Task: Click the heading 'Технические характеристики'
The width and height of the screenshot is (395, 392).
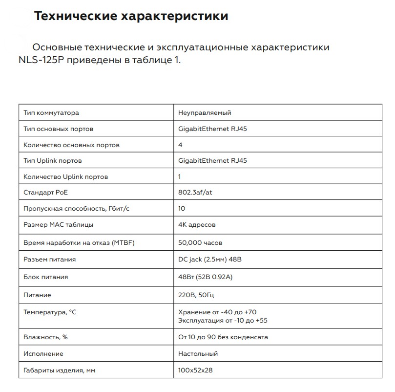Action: coord(131,16)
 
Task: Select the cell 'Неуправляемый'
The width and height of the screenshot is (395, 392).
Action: coord(205,113)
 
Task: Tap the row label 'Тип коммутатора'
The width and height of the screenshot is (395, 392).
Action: coord(51,113)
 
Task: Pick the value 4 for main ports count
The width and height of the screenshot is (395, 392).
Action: coord(181,145)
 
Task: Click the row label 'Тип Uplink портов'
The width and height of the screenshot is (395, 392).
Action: coord(53,161)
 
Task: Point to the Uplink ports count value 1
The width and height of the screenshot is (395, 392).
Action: coord(180,176)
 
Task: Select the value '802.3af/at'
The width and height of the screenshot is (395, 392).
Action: coord(195,192)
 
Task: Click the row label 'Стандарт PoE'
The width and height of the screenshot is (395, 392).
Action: coord(45,192)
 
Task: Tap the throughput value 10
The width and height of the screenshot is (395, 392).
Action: coord(183,209)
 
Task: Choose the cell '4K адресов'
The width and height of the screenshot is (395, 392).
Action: coord(197,225)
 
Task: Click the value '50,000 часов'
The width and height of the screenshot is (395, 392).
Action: coord(201,242)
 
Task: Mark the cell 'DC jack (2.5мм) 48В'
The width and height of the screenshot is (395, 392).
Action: coord(210,260)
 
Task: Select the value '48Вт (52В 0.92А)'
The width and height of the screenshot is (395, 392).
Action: coord(206,277)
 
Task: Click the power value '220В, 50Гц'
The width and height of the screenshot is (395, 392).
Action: coord(196,295)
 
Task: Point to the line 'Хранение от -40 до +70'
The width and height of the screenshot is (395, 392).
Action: coord(217,312)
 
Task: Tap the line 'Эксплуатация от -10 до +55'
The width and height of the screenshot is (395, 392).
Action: coord(223,321)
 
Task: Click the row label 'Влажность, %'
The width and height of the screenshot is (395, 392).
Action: coord(45,337)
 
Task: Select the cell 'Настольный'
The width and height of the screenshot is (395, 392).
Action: coord(198,353)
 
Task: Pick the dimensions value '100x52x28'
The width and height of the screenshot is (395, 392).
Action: coord(196,370)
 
